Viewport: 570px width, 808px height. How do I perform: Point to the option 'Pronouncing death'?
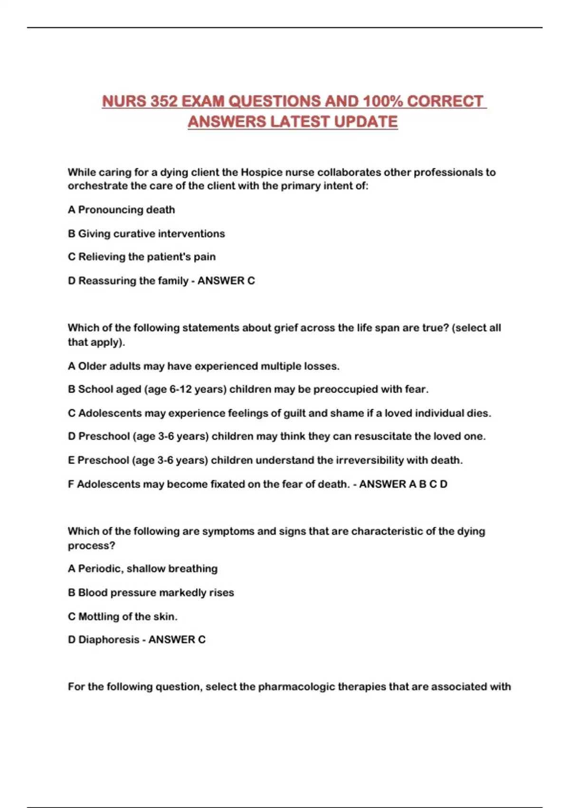[x=126, y=210]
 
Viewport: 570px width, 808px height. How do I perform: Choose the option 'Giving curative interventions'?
[x=151, y=233]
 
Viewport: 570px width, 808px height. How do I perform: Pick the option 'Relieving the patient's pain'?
[x=146, y=257]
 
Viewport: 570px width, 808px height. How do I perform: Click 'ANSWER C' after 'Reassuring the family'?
[x=226, y=280]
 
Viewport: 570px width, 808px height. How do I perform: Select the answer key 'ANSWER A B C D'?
[x=403, y=484]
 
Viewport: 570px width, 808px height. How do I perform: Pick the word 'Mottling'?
[x=98, y=616]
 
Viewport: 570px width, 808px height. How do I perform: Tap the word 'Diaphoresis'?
[x=109, y=639]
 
